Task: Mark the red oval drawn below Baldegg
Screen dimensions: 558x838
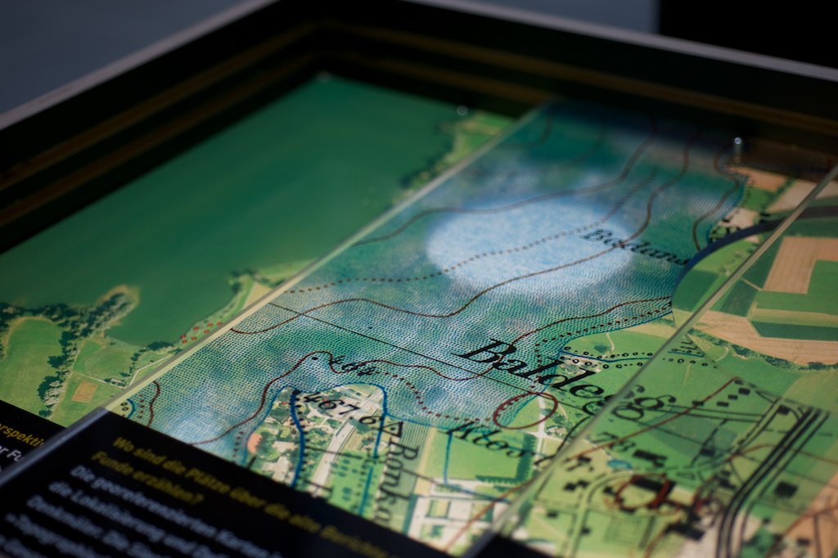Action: click(x=525, y=409)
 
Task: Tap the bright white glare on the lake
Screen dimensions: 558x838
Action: click(x=524, y=241)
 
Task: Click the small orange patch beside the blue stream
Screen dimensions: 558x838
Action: click(x=255, y=442)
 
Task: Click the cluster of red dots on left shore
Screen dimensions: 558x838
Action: click(x=193, y=331)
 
